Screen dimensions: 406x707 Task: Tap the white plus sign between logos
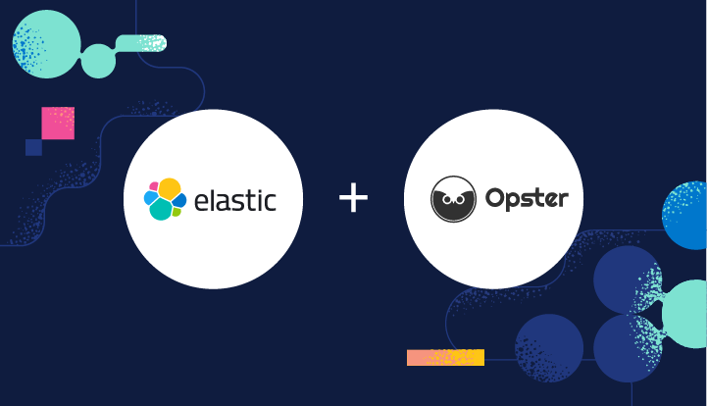[x=353, y=199]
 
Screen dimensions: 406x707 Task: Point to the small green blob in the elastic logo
[x=177, y=212]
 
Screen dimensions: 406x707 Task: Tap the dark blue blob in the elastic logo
[x=180, y=200]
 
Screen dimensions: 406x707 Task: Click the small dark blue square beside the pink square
[x=33, y=147]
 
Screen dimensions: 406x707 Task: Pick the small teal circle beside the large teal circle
[x=98, y=61]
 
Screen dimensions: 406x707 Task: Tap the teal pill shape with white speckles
[x=141, y=42]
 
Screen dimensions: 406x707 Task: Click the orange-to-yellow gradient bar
[x=445, y=358]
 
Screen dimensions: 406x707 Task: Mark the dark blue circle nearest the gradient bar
[x=549, y=348]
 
